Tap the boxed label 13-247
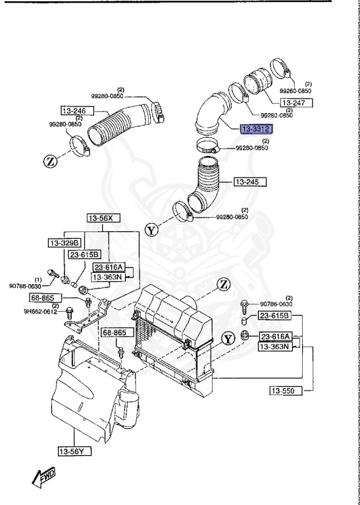pos(296,103)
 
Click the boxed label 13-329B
pos(64,243)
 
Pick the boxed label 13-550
pos(285,391)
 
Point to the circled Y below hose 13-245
pos(152,230)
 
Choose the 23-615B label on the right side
pos(275,317)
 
